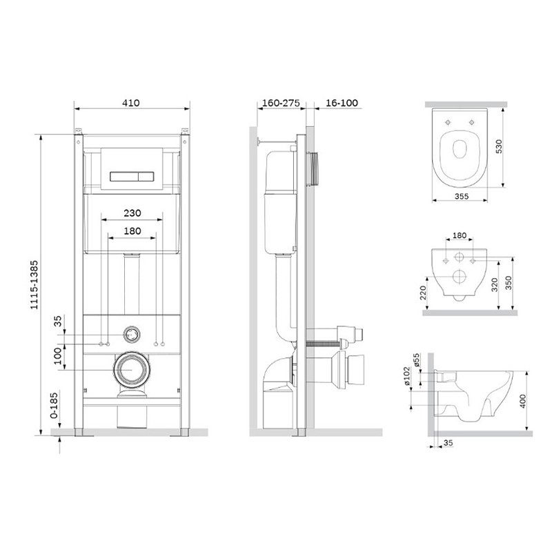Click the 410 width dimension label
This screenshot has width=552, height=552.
131,103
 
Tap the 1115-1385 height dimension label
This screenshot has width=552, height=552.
34,285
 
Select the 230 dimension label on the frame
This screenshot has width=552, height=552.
132,213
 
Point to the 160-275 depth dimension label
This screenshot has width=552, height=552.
282,103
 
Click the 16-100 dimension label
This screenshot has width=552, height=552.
342,103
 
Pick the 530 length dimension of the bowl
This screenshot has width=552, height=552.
499,146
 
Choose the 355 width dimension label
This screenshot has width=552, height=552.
461,196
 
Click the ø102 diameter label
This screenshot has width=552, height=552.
406,376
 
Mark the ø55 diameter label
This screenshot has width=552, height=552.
417,360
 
